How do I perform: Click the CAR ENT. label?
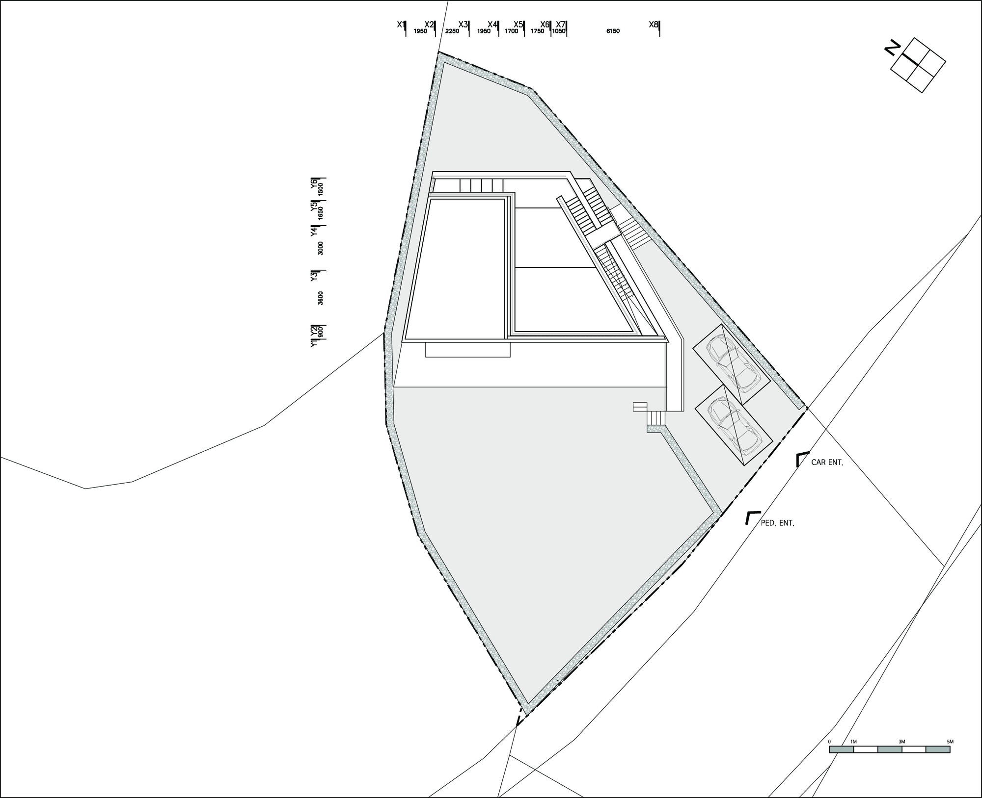(827, 463)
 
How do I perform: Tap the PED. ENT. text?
(777, 523)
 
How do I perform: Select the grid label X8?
(653, 24)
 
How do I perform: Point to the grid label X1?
(401, 24)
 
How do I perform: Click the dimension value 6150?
(613, 31)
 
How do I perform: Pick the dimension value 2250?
(452, 31)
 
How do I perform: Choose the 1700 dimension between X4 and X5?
(511, 31)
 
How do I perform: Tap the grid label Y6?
(314, 182)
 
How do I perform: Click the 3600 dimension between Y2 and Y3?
(321, 298)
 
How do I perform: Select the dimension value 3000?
(321, 248)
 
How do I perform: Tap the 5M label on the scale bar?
(950, 742)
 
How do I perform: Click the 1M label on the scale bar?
(853, 742)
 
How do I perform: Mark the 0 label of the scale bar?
(829, 742)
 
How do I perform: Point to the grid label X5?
(518, 24)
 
